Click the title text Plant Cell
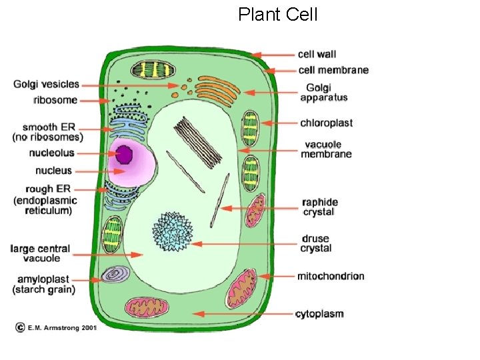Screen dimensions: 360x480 click(x=278, y=14)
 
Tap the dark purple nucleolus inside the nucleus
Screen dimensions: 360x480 click(x=125, y=154)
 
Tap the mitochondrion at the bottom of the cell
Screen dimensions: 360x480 click(x=149, y=307)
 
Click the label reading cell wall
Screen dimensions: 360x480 click(x=317, y=55)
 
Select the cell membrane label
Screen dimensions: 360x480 click(x=333, y=70)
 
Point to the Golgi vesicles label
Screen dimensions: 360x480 click(x=46, y=85)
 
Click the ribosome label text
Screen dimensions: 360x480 click(x=55, y=101)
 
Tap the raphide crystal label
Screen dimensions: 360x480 click(x=319, y=207)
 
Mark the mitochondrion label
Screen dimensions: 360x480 click(x=331, y=276)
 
